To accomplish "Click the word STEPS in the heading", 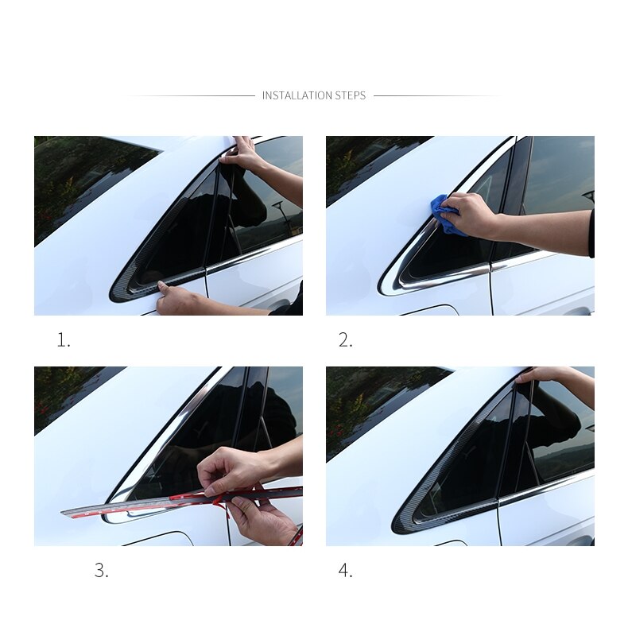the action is [x=351, y=95].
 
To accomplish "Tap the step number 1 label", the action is [x=64, y=340].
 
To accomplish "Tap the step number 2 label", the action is [x=345, y=340].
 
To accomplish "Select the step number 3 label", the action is [x=101, y=570].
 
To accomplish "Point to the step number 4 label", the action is [x=345, y=570].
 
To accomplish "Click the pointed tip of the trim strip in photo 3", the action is [x=62, y=512].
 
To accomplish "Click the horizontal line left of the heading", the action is [x=192, y=95].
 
